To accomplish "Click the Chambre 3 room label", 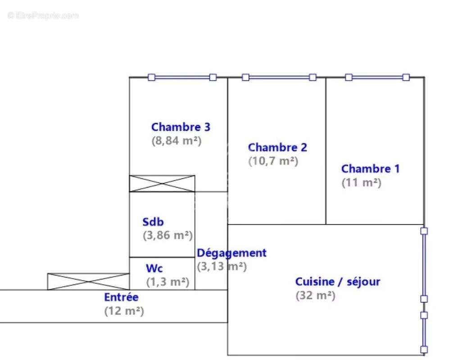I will pos(181,127).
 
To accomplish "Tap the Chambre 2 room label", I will pos(277,147).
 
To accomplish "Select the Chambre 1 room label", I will pos(370,169).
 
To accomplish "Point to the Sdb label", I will pos(153,222).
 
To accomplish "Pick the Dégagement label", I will pos(231,253).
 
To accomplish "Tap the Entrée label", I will pos(122,297).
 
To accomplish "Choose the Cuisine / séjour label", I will pos(338,282).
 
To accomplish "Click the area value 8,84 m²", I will pos(177,140).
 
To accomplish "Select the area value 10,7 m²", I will pos(273,161).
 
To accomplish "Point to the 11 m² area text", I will pos(362,183).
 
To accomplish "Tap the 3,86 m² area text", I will pos(168,235).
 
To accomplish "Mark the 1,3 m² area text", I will pos(168,282).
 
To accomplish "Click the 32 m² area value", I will pos(316,296).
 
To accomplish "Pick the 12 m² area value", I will pos(124,311).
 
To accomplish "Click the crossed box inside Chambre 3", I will pos(162,184).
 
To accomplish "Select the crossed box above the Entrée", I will pos(88,281).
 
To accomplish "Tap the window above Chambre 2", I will pos(279,77).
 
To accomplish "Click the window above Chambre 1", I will pos(377,77).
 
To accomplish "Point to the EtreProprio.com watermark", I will pos(43,15).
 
